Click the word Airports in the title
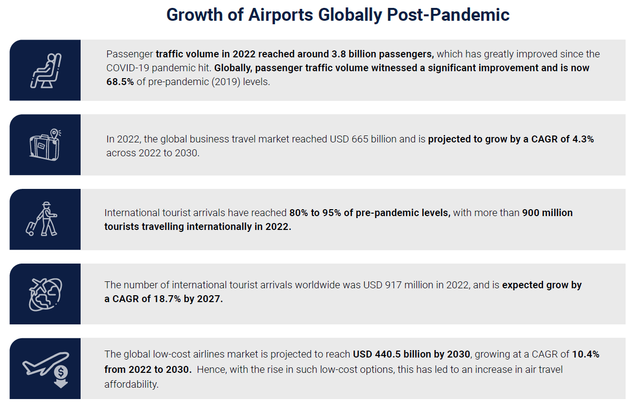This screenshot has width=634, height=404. pyautogui.click(x=280, y=15)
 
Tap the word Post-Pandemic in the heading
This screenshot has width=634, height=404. pyautogui.click(x=448, y=15)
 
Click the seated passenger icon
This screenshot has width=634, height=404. pyautogui.click(x=45, y=71)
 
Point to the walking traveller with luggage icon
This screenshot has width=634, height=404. pyautogui.click(x=42, y=219)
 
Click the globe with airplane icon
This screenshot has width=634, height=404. pyautogui.click(x=45, y=295)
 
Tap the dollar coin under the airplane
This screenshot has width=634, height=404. pyautogui.click(x=61, y=372)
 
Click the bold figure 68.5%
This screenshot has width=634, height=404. pyautogui.click(x=120, y=82)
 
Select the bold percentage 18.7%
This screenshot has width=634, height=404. pyautogui.click(x=167, y=299)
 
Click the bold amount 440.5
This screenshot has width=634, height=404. pyautogui.click(x=388, y=354)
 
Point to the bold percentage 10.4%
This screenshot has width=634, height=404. pyautogui.click(x=586, y=354)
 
